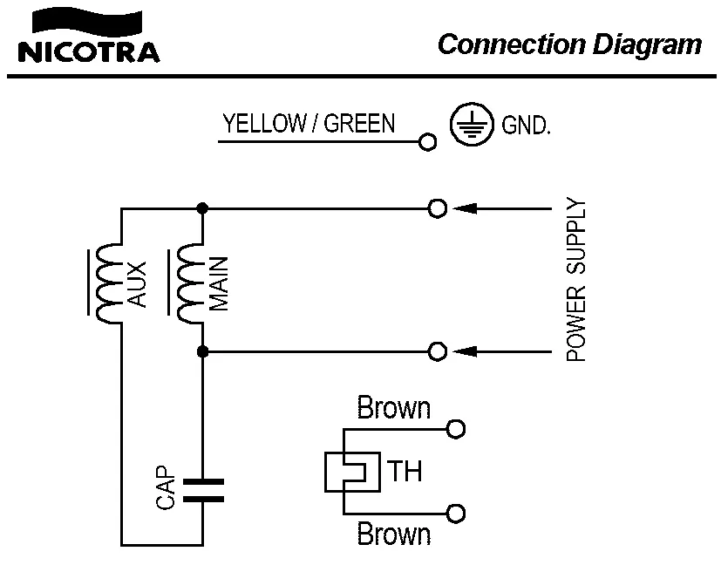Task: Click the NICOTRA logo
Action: [x=88, y=38]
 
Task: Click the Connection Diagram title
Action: [x=569, y=44]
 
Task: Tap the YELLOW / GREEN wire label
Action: [x=309, y=124]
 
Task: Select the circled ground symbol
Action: [x=466, y=126]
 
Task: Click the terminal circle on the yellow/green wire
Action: [x=426, y=142]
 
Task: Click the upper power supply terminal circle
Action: [x=439, y=208]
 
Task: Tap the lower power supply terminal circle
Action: [x=439, y=351]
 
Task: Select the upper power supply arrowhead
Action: [x=466, y=208]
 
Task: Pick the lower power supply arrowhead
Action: [x=466, y=351]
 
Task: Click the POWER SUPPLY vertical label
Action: [x=576, y=281]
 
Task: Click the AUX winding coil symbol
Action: [x=110, y=283]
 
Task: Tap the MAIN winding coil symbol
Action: [x=191, y=283]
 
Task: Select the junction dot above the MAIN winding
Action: [x=202, y=208]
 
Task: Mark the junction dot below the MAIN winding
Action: [x=202, y=351]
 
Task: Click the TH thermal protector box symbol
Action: [x=352, y=472]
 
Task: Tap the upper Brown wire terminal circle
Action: [x=456, y=429]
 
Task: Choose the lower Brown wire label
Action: [x=394, y=533]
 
